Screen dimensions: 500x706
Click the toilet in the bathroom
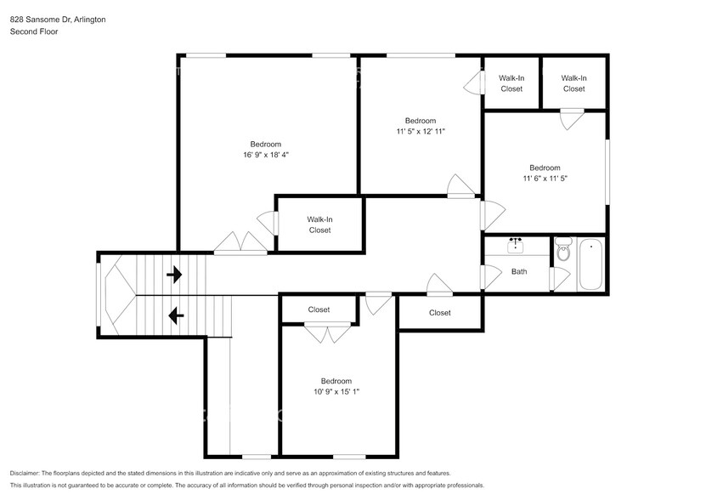click(563, 252)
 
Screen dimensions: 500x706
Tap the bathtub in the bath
click(590, 264)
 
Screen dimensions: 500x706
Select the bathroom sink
click(516, 246)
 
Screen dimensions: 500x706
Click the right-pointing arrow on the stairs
click(174, 275)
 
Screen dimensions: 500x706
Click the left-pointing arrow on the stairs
click(176, 316)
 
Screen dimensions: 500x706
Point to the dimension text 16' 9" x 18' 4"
click(265, 156)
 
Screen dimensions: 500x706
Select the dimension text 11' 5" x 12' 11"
click(421, 132)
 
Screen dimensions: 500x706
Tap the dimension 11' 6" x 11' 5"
click(545, 179)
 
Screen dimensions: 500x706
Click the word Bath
click(519, 272)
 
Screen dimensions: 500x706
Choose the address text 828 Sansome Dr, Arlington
click(59, 19)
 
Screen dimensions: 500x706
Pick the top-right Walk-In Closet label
click(573, 83)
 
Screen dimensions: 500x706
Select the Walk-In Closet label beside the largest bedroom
click(319, 224)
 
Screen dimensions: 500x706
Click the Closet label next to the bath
click(440, 313)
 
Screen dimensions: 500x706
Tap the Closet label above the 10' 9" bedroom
click(319, 310)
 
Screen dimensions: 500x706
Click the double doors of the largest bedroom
click(241, 244)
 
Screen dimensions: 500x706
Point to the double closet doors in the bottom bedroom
click(327, 333)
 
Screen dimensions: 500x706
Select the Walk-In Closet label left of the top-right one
click(511, 83)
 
